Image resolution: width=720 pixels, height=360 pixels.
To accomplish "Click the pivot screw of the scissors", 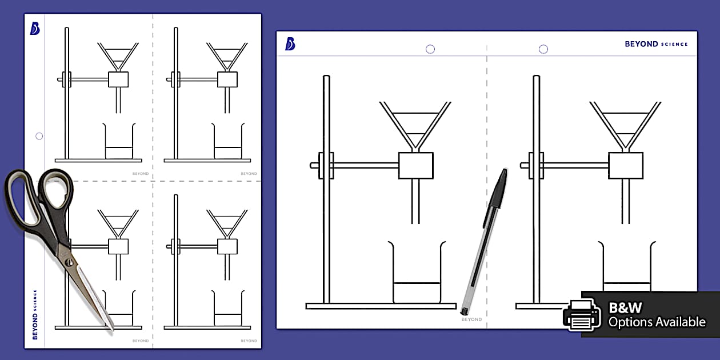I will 69,262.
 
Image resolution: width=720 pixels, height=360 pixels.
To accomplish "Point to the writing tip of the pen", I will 463,313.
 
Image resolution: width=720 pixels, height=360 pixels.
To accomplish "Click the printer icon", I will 581,315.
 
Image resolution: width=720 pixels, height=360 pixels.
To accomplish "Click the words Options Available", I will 657,322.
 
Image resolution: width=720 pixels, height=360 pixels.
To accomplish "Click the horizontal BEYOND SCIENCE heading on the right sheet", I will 656,44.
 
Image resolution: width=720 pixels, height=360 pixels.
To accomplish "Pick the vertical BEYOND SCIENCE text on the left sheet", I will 35,314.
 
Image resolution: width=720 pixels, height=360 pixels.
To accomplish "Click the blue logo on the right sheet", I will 290,44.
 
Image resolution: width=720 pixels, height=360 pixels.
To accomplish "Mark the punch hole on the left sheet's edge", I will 39,136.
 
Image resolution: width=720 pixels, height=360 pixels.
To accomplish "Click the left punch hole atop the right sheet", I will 430,49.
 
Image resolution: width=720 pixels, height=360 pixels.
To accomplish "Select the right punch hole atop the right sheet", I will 543,49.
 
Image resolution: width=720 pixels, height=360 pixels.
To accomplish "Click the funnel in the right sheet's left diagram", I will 415,123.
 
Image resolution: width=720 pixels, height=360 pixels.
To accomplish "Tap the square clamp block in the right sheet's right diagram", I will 626,165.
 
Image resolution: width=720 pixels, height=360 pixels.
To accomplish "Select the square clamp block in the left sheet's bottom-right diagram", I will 227,246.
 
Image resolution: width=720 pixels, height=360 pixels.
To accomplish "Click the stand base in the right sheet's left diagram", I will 381,306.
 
